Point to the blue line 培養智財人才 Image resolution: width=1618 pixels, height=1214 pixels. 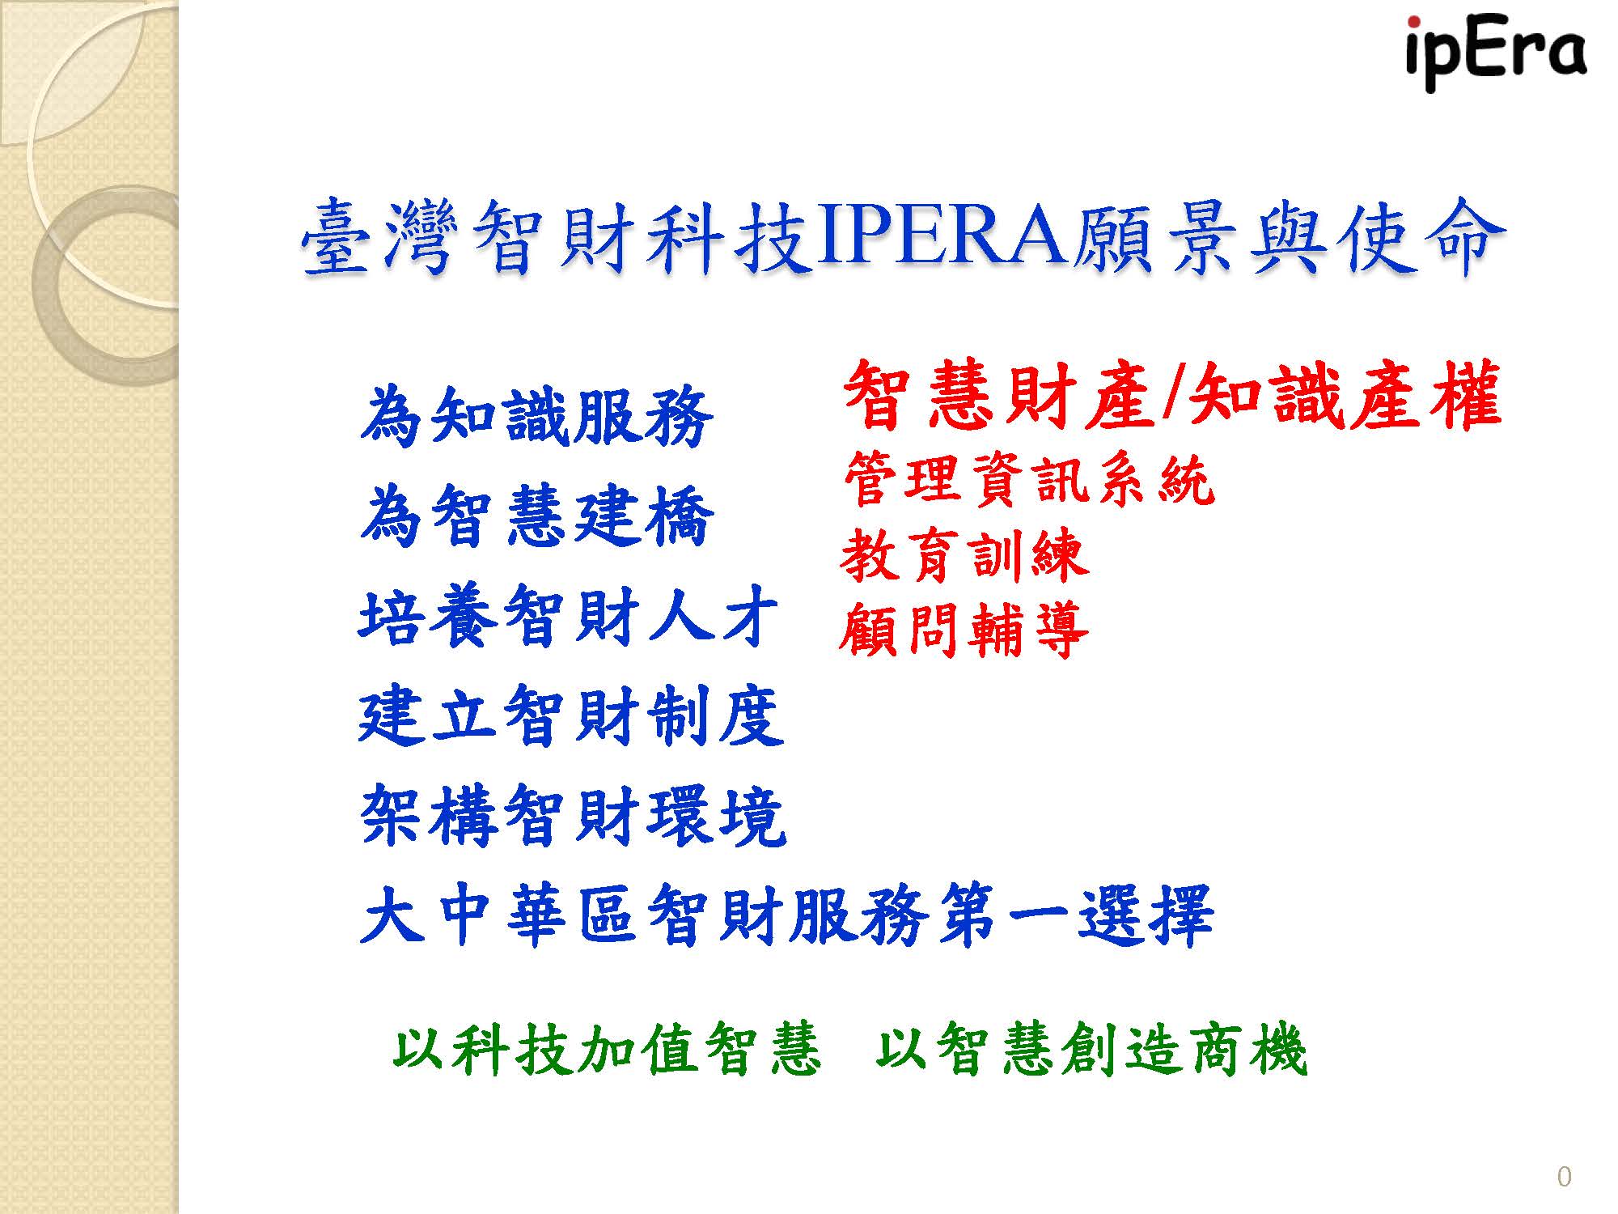click(x=569, y=617)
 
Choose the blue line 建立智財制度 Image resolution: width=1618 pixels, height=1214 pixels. click(x=571, y=716)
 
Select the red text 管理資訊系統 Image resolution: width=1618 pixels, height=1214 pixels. click(x=1028, y=480)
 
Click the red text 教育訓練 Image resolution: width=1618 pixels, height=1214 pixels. click(x=964, y=555)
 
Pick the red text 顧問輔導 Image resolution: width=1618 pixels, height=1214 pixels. click(x=964, y=630)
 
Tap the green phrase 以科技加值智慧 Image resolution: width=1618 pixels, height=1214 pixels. click(x=606, y=1048)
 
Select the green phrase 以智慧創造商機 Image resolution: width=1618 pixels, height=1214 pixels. click(x=1091, y=1048)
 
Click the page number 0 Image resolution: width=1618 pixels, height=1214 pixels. click(x=1564, y=1176)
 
